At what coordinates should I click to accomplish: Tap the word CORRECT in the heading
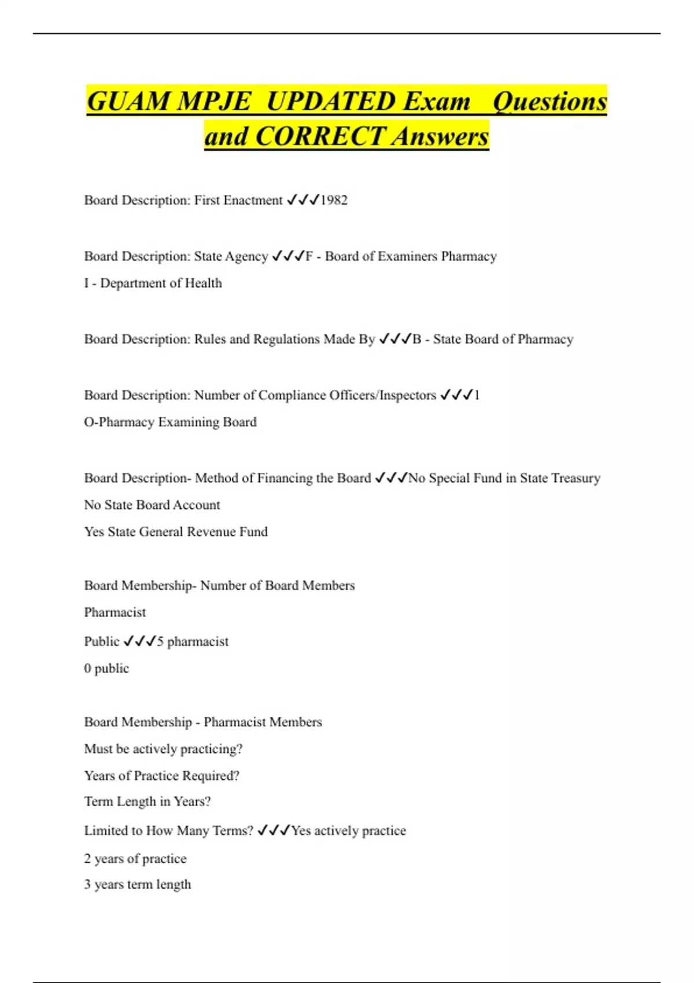[320, 137]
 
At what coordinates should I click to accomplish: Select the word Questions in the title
[549, 102]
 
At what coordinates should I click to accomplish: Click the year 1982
[334, 200]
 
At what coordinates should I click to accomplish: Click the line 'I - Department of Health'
[153, 283]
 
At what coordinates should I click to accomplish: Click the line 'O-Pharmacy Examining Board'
[170, 422]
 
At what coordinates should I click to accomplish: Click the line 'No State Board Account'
[152, 505]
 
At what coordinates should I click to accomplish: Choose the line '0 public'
[106, 668]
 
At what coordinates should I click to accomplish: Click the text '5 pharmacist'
[193, 642]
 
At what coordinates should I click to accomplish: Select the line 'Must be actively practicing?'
[163, 749]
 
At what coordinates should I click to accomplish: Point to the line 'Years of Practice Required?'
[161, 775]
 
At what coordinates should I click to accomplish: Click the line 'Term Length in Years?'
[147, 801]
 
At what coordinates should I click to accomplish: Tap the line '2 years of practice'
[135, 859]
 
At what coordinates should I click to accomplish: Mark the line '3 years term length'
[137, 885]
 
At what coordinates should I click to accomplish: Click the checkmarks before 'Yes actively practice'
[274, 831]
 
